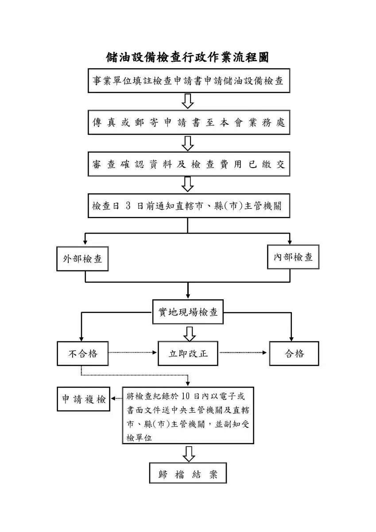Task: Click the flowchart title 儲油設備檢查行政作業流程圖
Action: tap(187, 57)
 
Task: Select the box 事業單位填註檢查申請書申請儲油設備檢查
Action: tap(189, 81)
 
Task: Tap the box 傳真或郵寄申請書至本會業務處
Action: tap(189, 122)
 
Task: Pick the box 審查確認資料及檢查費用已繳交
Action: tap(189, 164)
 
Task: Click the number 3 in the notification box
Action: tap(128, 206)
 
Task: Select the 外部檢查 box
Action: tap(82, 258)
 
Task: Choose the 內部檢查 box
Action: tap(293, 257)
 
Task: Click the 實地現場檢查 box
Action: tap(188, 312)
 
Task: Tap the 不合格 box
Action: tap(82, 354)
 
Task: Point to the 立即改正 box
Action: tap(188, 353)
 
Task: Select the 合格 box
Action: tap(294, 354)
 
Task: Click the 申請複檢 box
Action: tap(84, 399)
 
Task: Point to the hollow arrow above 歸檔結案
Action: tap(189, 454)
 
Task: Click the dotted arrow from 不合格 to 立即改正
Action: tap(132, 353)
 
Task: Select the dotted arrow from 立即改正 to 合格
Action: tap(243, 353)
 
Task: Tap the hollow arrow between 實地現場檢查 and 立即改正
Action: tap(190, 334)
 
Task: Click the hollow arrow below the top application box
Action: tap(188, 101)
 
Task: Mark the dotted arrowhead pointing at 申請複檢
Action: tap(113, 398)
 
